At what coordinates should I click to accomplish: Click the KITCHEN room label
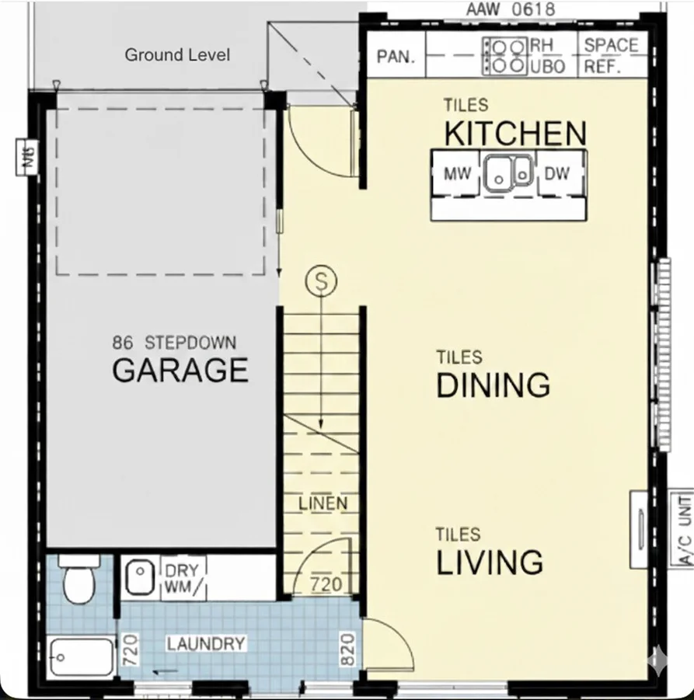click(x=515, y=134)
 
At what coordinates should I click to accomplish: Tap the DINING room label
click(x=493, y=385)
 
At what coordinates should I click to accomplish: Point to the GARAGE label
click(x=180, y=371)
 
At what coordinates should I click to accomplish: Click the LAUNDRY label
click(x=206, y=644)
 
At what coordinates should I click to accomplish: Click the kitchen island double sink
click(x=508, y=173)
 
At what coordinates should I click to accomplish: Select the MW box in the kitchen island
click(x=457, y=174)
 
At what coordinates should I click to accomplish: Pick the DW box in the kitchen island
click(x=556, y=174)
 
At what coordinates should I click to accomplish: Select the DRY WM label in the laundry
click(x=182, y=580)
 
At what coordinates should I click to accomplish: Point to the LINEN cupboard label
click(x=323, y=503)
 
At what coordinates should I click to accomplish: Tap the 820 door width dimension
click(x=347, y=646)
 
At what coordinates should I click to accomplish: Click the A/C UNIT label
click(x=684, y=528)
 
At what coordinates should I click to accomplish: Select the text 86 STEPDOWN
click(x=174, y=343)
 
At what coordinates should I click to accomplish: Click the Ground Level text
click(x=177, y=55)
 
